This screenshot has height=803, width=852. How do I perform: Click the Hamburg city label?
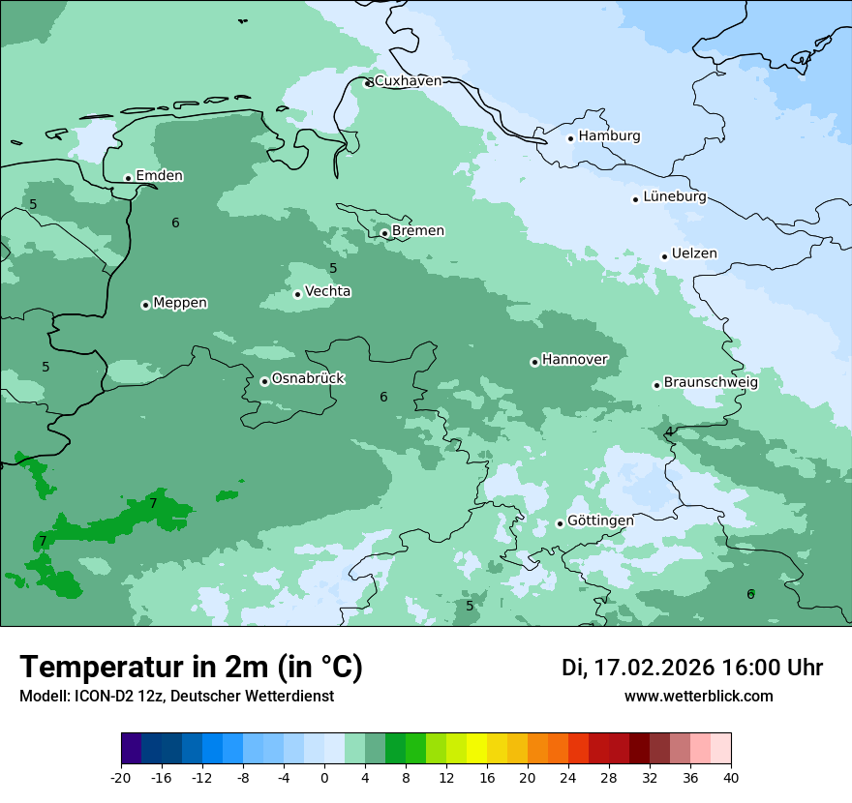point(609,136)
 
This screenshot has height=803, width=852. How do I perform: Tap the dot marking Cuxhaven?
point(368,83)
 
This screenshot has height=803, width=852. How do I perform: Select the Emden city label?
point(159,176)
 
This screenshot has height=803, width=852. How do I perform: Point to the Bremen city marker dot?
point(384,233)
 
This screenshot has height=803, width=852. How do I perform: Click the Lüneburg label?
point(674,197)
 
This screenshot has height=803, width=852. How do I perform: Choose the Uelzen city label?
point(694,254)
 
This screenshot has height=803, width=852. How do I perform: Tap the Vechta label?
point(327,292)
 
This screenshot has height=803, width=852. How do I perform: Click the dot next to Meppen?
point(145,305)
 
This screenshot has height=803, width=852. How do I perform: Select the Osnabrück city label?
point(308,379)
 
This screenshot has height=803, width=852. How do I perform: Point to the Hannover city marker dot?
point(534,362)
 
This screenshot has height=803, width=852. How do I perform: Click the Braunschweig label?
point(711,383)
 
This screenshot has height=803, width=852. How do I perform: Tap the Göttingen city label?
point(600,521)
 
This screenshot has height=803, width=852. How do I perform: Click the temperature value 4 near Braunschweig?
point(669,431)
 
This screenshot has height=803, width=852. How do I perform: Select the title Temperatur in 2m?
point(191,668)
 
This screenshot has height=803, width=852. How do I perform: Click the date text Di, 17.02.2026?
point(637,668)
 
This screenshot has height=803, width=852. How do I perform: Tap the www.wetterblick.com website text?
point(698,697)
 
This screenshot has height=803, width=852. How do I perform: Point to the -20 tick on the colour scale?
point(121,777)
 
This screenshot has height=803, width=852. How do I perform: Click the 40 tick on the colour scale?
point(730,777)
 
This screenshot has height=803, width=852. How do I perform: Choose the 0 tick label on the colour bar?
point(324,777)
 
